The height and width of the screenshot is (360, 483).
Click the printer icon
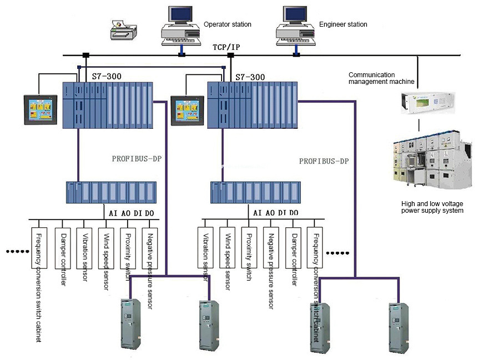point(123,29)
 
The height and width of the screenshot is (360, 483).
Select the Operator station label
point(227,24)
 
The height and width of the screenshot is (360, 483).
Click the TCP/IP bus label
point(226,47)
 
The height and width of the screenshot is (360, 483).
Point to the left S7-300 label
point(107,76)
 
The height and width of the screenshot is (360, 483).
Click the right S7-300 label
point(250,77)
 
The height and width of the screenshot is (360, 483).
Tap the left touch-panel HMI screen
point(41,110)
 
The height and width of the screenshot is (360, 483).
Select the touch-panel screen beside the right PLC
point(187,111)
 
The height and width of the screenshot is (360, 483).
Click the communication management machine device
point(427,103)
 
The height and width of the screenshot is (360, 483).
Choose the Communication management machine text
point(381,78)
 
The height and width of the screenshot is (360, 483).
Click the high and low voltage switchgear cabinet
point(432,159)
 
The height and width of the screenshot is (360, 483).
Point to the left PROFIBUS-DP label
point(137,159)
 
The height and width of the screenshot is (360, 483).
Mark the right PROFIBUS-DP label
point(324,161)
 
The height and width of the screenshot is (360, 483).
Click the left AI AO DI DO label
point(131,213)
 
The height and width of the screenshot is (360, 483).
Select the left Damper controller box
point(63,248)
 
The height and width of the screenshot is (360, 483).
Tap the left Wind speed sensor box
point(106,248)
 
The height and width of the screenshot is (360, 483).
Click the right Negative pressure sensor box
point(271,248)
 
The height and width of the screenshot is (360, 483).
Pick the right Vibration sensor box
point(205,248)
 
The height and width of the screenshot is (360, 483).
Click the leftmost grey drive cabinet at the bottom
point(131,324)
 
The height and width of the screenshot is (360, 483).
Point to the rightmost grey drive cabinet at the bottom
point(399,327)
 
